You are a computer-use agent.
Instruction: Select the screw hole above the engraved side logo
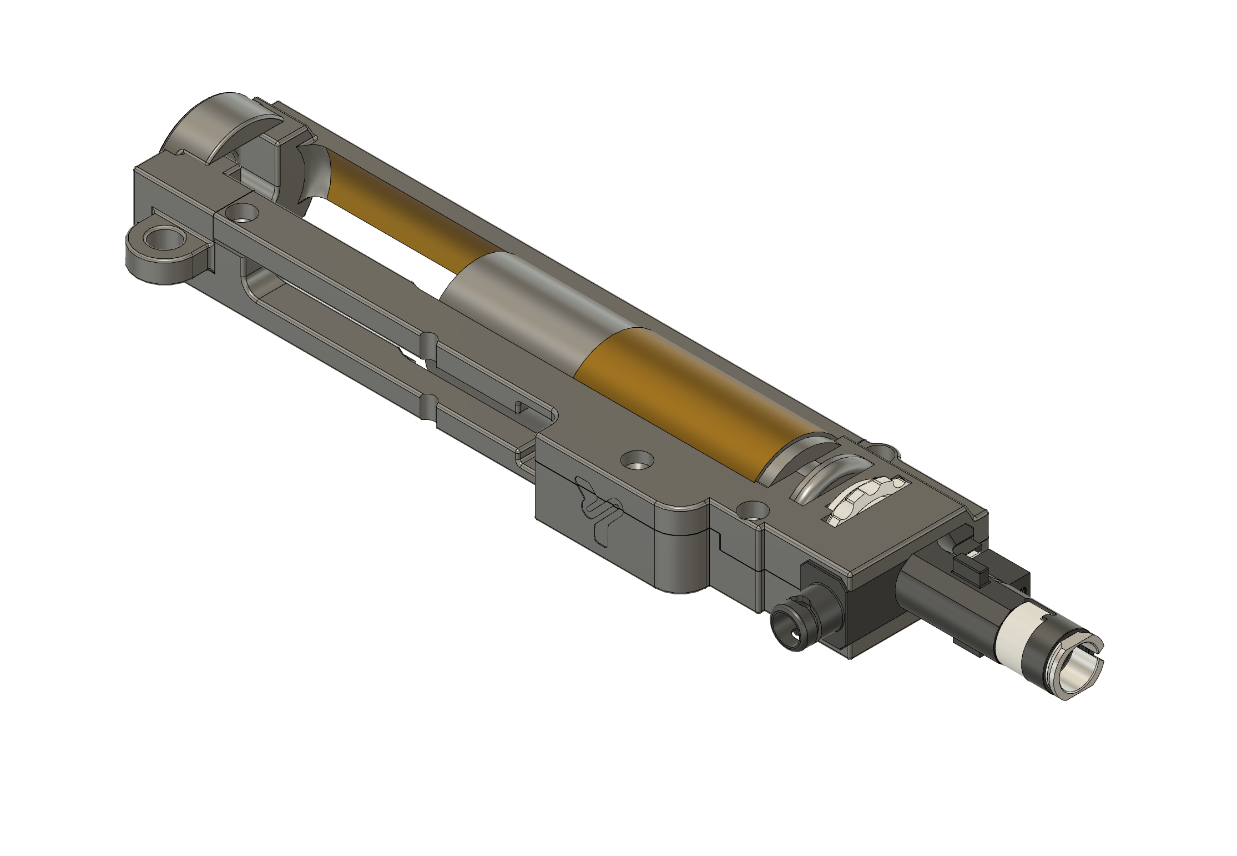click(x=637, y=459)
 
